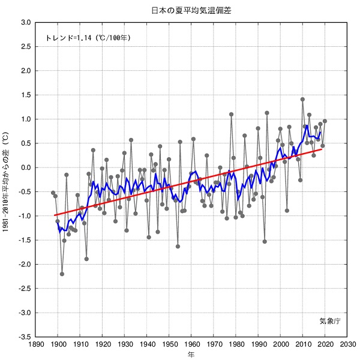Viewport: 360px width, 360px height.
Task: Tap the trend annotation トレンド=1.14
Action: [88, 38]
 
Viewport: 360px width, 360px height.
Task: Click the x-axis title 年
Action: [191, 355]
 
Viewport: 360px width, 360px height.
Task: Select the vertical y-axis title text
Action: [6, 180]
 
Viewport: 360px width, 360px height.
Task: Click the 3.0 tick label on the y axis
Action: [26, 22]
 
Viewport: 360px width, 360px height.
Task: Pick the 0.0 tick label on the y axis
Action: [26, 167]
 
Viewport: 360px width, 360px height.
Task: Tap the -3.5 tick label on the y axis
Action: [25, 337]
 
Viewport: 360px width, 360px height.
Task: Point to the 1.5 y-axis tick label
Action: [26, 95]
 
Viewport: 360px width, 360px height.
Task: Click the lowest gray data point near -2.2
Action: [62, 274]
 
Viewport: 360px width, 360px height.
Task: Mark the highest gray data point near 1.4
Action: [302, 100]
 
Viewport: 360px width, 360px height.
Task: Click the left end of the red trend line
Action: [54, 215]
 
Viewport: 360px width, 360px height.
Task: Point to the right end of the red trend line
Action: [322, 148]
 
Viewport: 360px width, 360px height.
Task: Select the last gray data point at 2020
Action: [325, 121]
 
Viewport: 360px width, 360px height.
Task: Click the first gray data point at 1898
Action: [53, 193]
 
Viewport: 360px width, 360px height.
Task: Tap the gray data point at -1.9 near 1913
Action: [86, 259]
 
